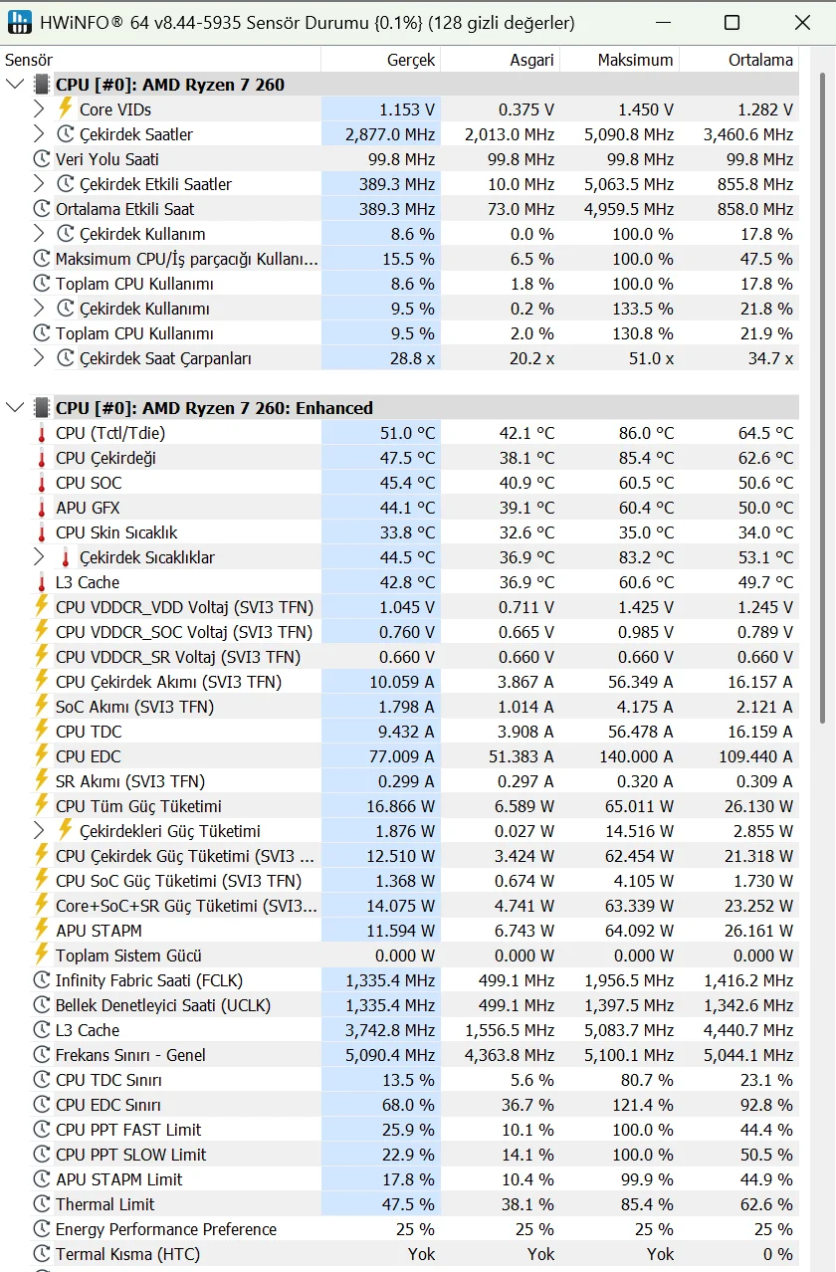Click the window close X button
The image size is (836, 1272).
click(802, 22)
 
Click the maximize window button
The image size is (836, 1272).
click(731, 22)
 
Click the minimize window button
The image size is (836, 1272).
click(662, 22)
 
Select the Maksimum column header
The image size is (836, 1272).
click(635, 60)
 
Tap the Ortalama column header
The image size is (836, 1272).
click(760, 60)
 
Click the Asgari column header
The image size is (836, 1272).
click(531, 60)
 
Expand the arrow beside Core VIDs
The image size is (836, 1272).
click(40, 109)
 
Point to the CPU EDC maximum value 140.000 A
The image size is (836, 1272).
click(636, 756)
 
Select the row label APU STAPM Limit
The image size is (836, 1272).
click(119, 1179)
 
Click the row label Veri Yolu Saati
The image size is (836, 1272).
click(107, 159)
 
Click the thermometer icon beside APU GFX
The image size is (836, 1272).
click(42, 508)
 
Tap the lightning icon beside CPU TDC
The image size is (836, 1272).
click(42, 732)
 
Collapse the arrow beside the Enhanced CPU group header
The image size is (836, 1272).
click(15, 408)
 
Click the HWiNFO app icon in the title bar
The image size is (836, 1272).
click(19, 22)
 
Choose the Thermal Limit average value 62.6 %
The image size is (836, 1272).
click(765, 1204)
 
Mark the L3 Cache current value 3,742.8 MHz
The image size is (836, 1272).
click(390, 1030)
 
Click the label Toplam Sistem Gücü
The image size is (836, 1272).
click(128, 955)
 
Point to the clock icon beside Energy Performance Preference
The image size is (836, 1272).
click(42, 1229)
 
